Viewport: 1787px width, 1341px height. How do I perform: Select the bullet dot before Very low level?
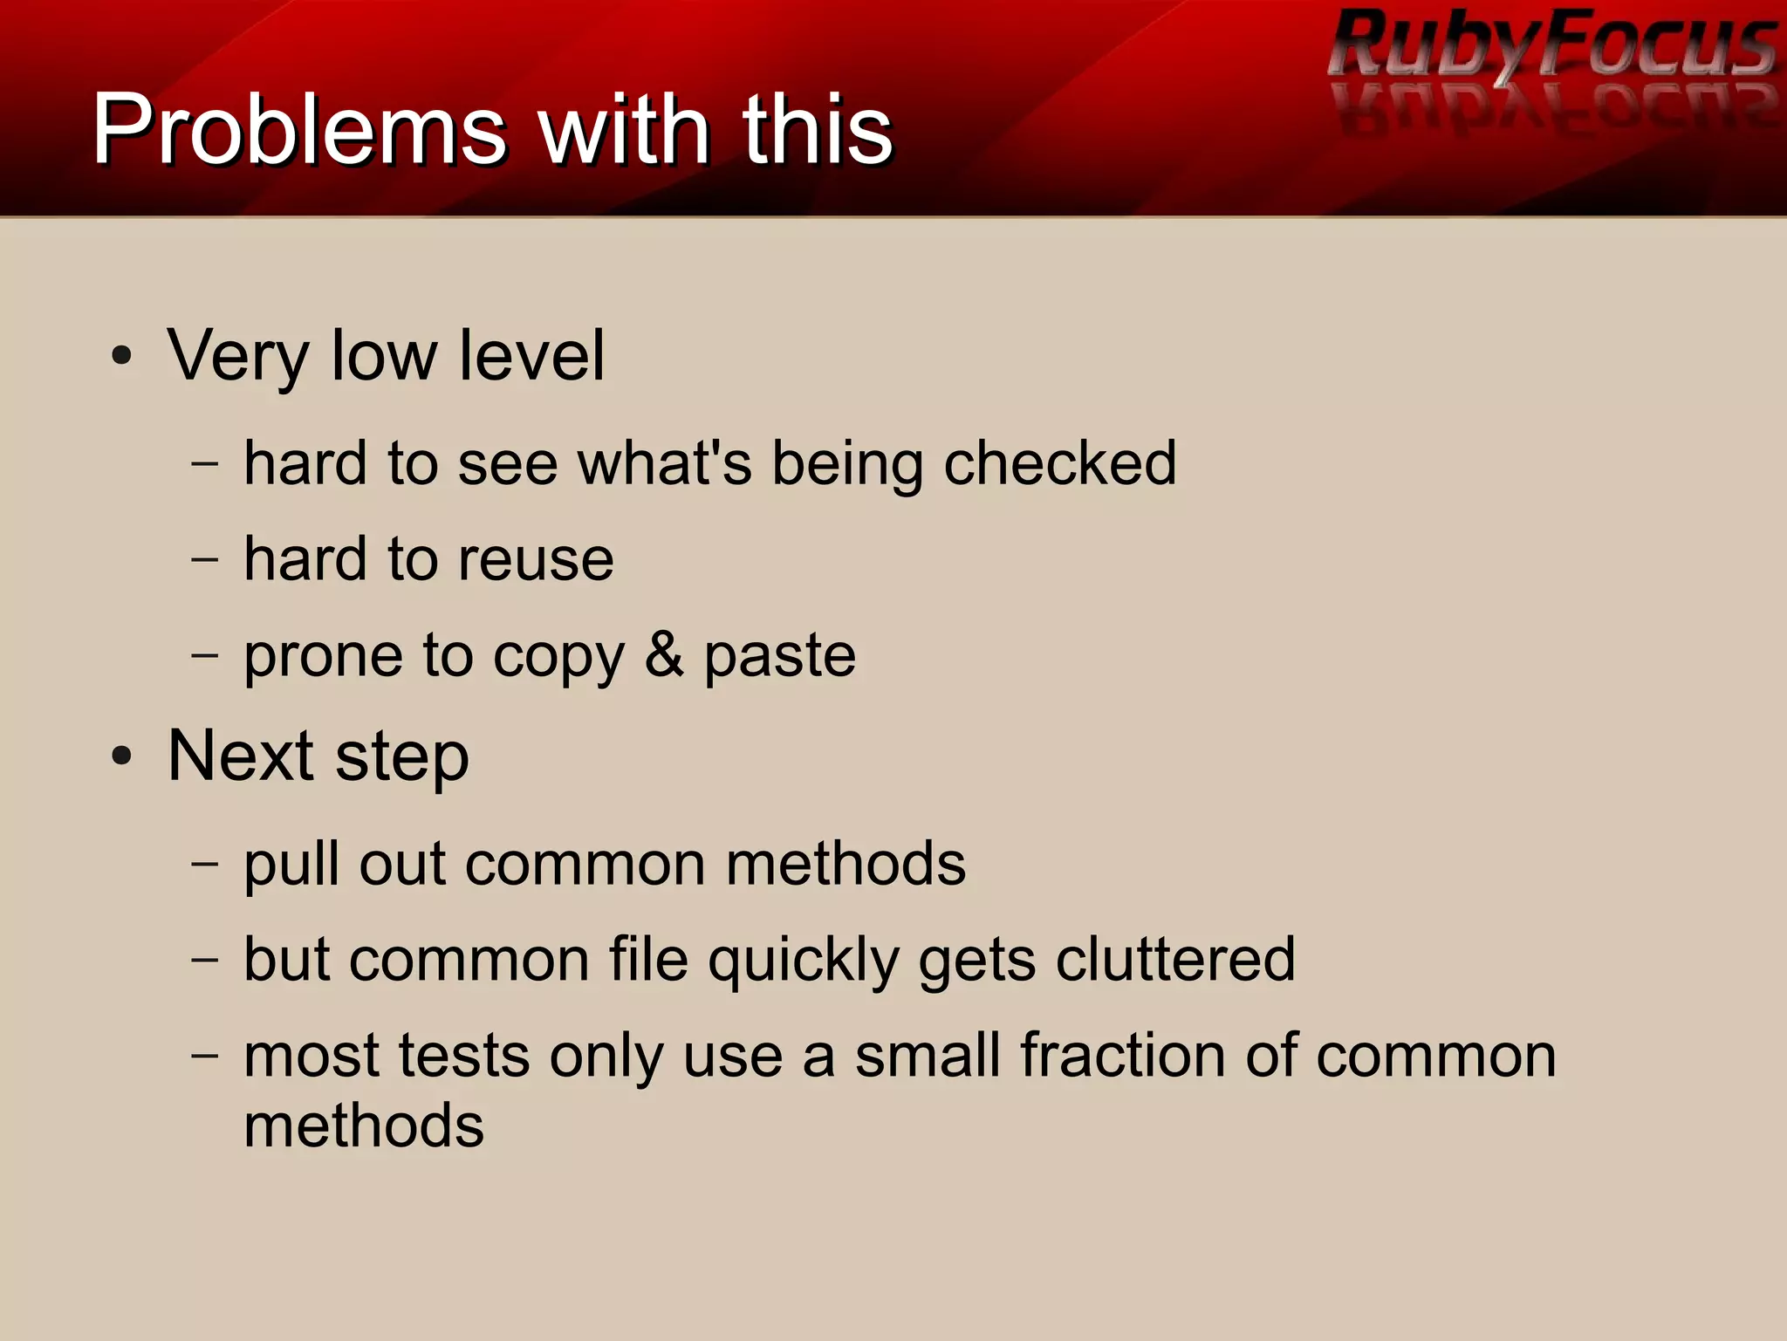[122, 356]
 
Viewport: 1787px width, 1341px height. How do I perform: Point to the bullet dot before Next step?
[122, 756]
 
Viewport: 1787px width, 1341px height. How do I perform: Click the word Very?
[238, 356]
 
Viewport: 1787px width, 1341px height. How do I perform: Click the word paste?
[779, 656]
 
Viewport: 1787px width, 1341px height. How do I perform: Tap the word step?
[402, 757]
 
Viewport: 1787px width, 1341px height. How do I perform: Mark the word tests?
[463, 1056]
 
